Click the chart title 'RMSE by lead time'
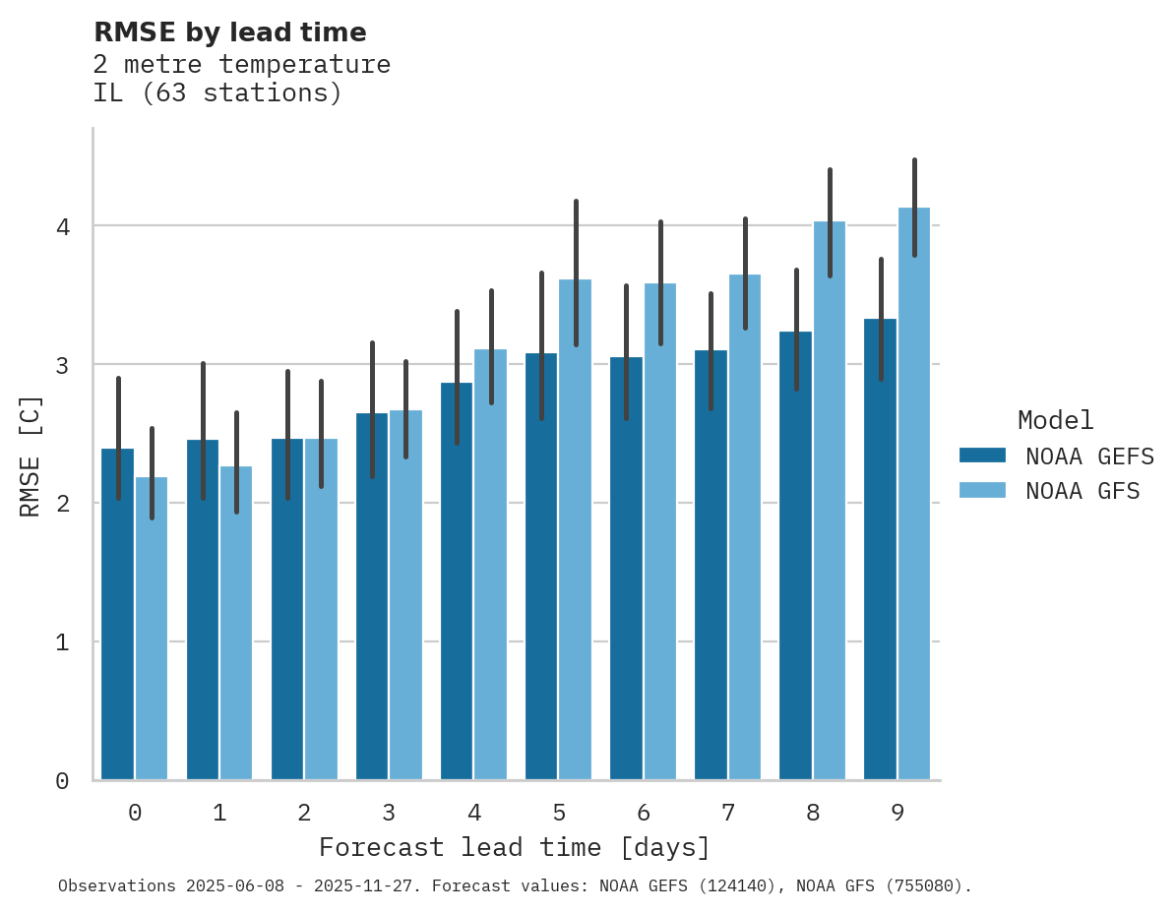coord(229,32)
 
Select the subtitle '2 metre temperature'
coord(241,65)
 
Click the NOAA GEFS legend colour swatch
coord(981,456)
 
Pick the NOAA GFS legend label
coord(1083,491)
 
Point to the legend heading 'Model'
coord(1055,421)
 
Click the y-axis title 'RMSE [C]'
coord(31,456)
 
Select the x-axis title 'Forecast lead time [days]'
coord(514,847)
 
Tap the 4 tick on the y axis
coord(62,226)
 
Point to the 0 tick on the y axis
coord(62,781)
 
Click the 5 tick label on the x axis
coord(558,813)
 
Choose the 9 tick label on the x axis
coord(897,813)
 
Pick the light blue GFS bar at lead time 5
coord(575,530)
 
